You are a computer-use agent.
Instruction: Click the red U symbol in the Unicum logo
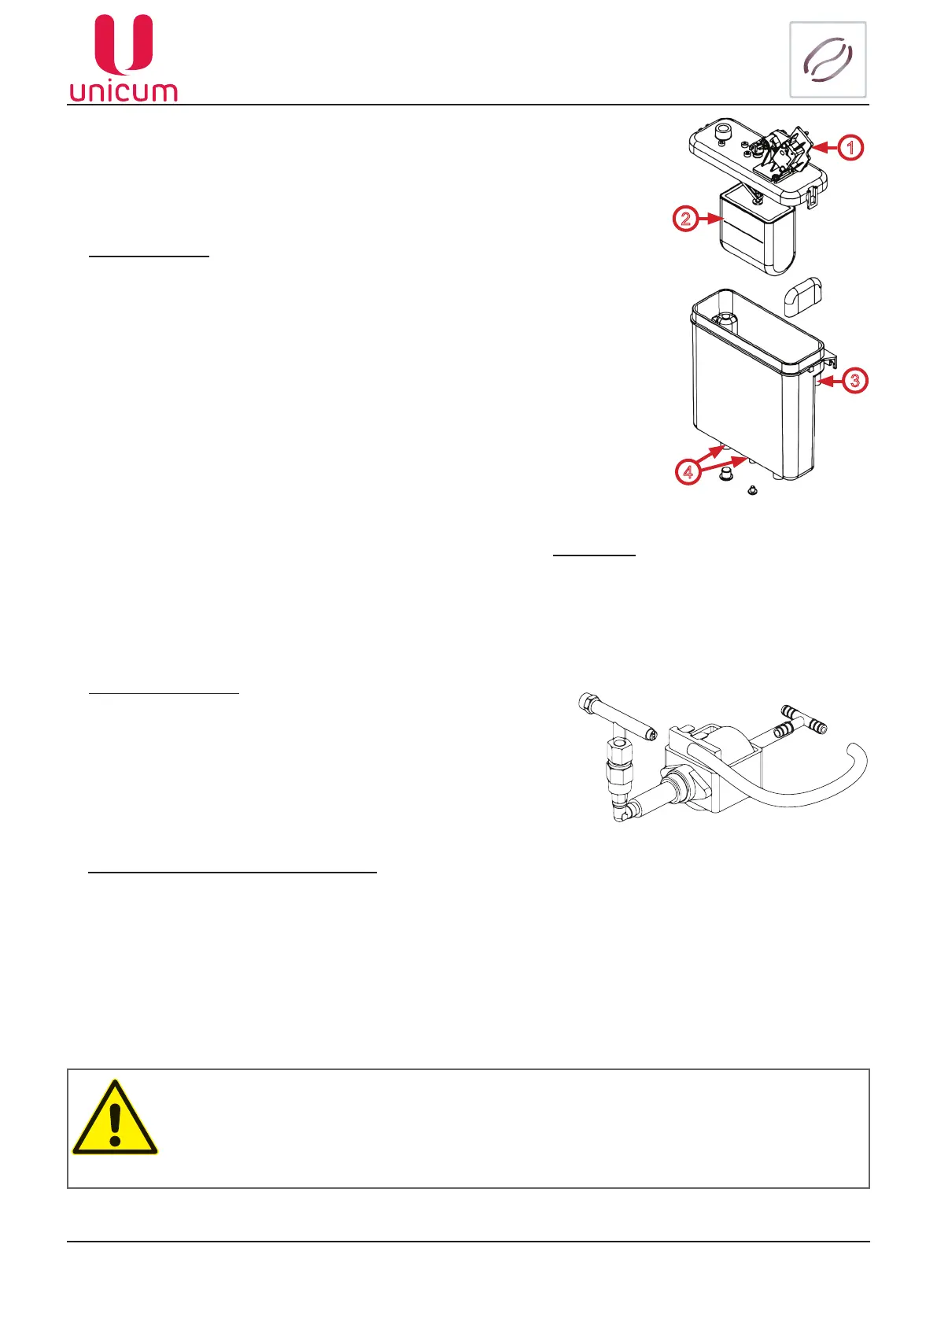[124, 45]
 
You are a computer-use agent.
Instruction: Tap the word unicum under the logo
[124, 91]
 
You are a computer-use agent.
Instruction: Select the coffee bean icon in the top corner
[828, 60]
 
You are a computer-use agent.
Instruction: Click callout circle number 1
[850, 147]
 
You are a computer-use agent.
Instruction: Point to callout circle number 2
[685, 218]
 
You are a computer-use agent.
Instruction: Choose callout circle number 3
[854, 381]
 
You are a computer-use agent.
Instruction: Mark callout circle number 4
[688, 472]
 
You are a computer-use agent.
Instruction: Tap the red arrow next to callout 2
[710, 218]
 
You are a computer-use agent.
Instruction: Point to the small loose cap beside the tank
[802, 297]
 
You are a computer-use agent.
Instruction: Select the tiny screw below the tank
[752, 490]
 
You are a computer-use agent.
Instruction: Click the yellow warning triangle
[115, 1119]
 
